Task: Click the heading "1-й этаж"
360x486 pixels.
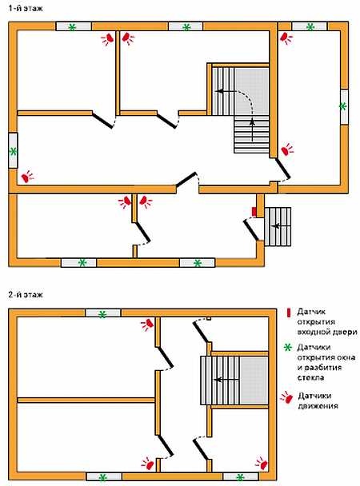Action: [26, 8]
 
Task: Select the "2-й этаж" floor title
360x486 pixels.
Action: [26, 294]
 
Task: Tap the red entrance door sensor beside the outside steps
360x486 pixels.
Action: [254, 212]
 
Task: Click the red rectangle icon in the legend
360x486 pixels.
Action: [289, 313]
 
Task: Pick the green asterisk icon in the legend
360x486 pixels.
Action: [288, 348]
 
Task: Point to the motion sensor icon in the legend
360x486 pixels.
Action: [287, 397]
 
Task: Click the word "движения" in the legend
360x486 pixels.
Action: [318, 406]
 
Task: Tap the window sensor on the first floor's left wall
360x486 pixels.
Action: [13, 152]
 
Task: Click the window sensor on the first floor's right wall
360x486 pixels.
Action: [343, 106]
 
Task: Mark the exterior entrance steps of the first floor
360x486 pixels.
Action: [278, 226]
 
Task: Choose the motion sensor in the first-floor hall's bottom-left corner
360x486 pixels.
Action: [27, 177]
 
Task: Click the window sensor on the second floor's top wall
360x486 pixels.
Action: [102, 314]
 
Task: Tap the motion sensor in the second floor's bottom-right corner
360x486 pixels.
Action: [262, 464]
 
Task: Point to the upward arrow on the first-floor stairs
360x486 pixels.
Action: [253, 130]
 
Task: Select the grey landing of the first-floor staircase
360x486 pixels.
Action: [252, 91]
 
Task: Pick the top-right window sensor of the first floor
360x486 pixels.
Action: [310, 27]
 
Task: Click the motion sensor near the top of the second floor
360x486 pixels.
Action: [147, 325]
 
